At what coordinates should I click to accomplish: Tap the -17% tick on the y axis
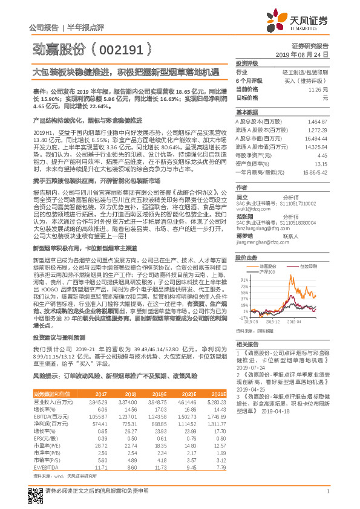click(x=244, y=317)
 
